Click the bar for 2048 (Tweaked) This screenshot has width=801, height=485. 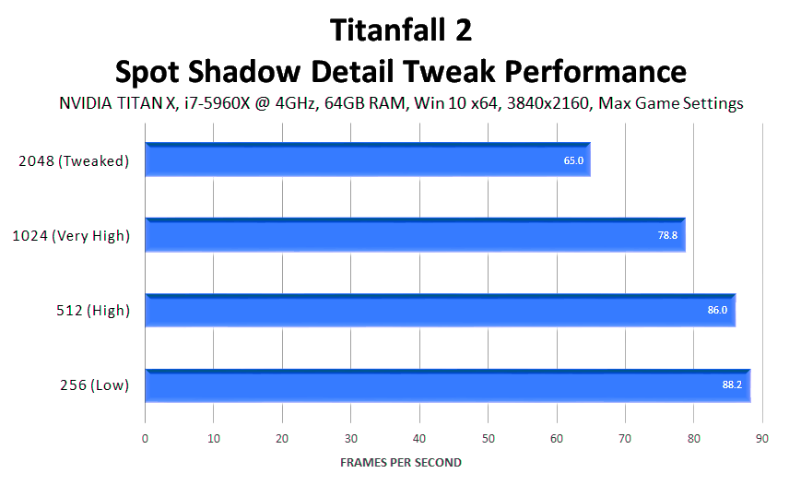tap(368, 160)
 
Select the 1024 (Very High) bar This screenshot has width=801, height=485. tap(416, 234)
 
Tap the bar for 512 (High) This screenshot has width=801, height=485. tap(441, 310)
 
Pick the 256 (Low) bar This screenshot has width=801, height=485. tap(448, 385)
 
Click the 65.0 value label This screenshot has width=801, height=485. tap(573, 160)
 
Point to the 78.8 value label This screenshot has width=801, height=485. tap(667, 235)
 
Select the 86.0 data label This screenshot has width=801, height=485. tap(717, 310)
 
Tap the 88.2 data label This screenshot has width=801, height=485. tap(732, 384)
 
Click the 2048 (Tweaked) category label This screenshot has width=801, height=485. tap(74, 161)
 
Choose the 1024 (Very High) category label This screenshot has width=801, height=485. tap(71, 236)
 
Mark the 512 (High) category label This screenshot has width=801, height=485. tap(93, 310)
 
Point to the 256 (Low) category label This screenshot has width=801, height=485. tap(95, 384)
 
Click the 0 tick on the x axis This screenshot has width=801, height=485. tap(145, 439)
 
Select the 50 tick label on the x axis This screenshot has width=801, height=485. tap(488, 439)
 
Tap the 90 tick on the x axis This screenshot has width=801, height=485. tap(762, 439)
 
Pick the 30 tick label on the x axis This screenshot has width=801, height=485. tap(351, 439)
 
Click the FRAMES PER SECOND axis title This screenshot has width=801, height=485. tap(400, 463)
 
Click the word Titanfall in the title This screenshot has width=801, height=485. tap(388, 30)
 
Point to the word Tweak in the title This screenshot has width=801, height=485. tap(449, 71)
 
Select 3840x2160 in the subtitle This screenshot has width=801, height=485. tap(548, 103)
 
